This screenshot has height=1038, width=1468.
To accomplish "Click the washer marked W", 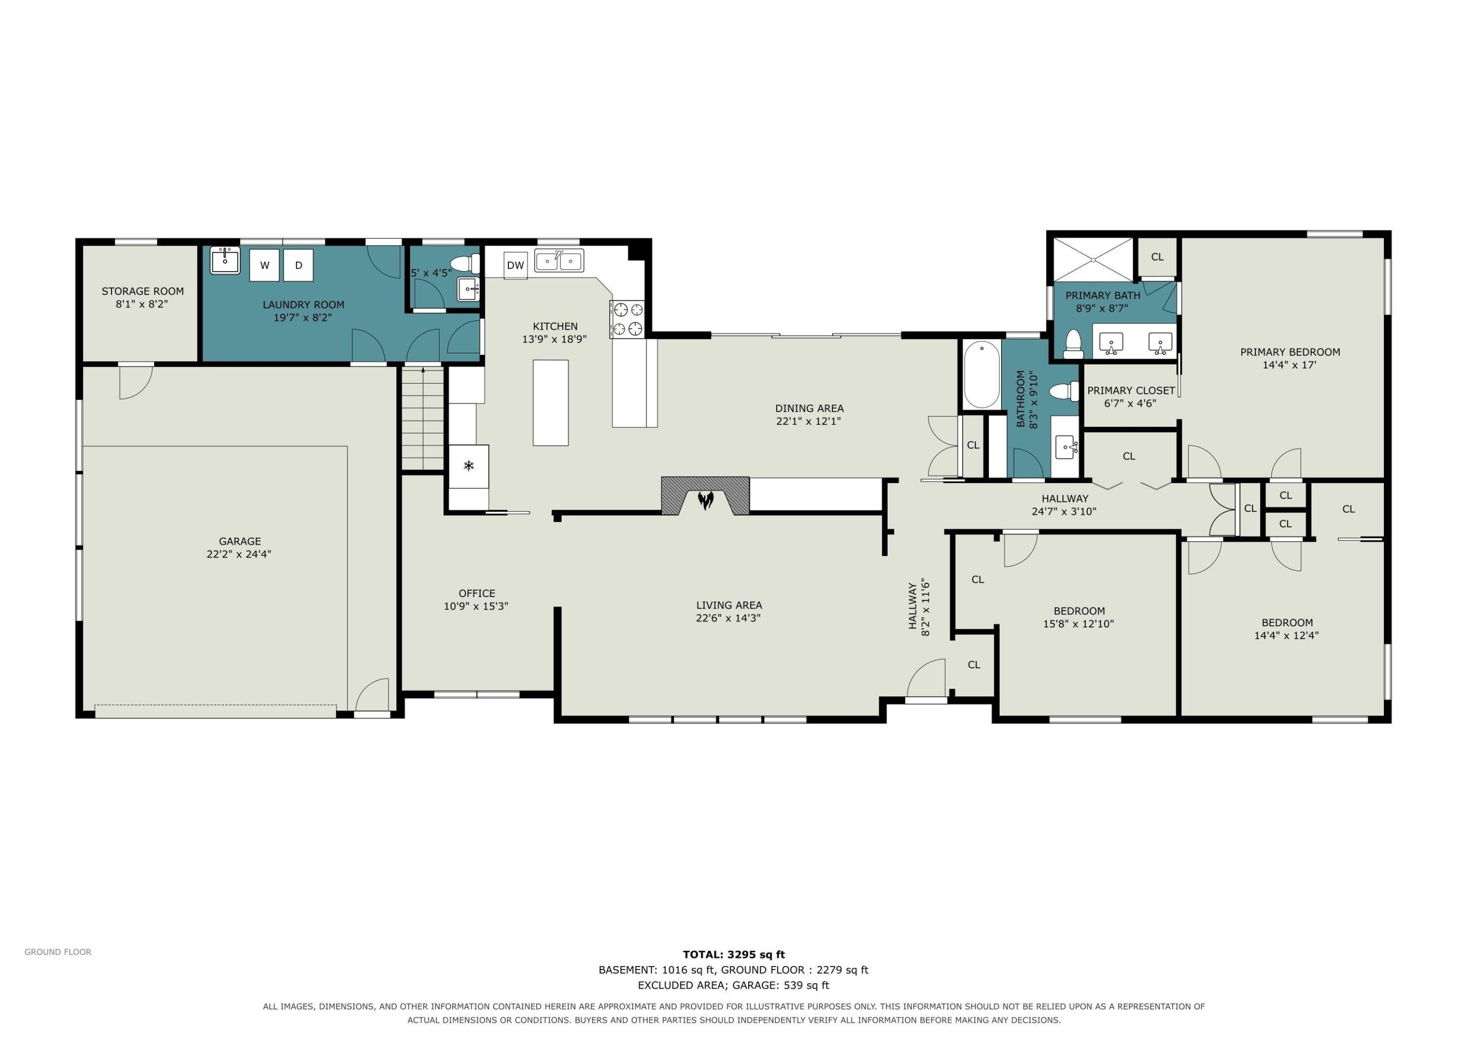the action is pos(264,265).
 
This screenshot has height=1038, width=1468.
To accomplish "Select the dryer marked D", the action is pos(298,265).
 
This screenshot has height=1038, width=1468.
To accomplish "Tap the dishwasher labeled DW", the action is pos(515,265).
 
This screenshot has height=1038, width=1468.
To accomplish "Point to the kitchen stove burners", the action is pos(627,319).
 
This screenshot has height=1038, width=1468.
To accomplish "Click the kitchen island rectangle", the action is pos(550,402).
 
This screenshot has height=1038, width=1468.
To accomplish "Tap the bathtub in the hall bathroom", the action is pos(982,375).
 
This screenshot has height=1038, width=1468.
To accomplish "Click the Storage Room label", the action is pos(142,291).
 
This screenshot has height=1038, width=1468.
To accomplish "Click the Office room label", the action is pos(477,593).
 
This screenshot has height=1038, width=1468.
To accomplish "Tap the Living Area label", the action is pos(729,605).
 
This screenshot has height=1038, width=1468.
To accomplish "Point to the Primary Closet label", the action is pos(1131,390).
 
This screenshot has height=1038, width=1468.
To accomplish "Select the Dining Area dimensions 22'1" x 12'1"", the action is pos(808,421).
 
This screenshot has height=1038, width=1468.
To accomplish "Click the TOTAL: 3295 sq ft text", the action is pos(734,955).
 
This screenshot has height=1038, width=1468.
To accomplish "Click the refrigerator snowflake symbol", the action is pos(469,465).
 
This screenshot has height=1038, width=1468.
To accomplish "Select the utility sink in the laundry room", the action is pos(225,260).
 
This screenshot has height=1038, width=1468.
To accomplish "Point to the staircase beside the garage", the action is pos(422,419).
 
